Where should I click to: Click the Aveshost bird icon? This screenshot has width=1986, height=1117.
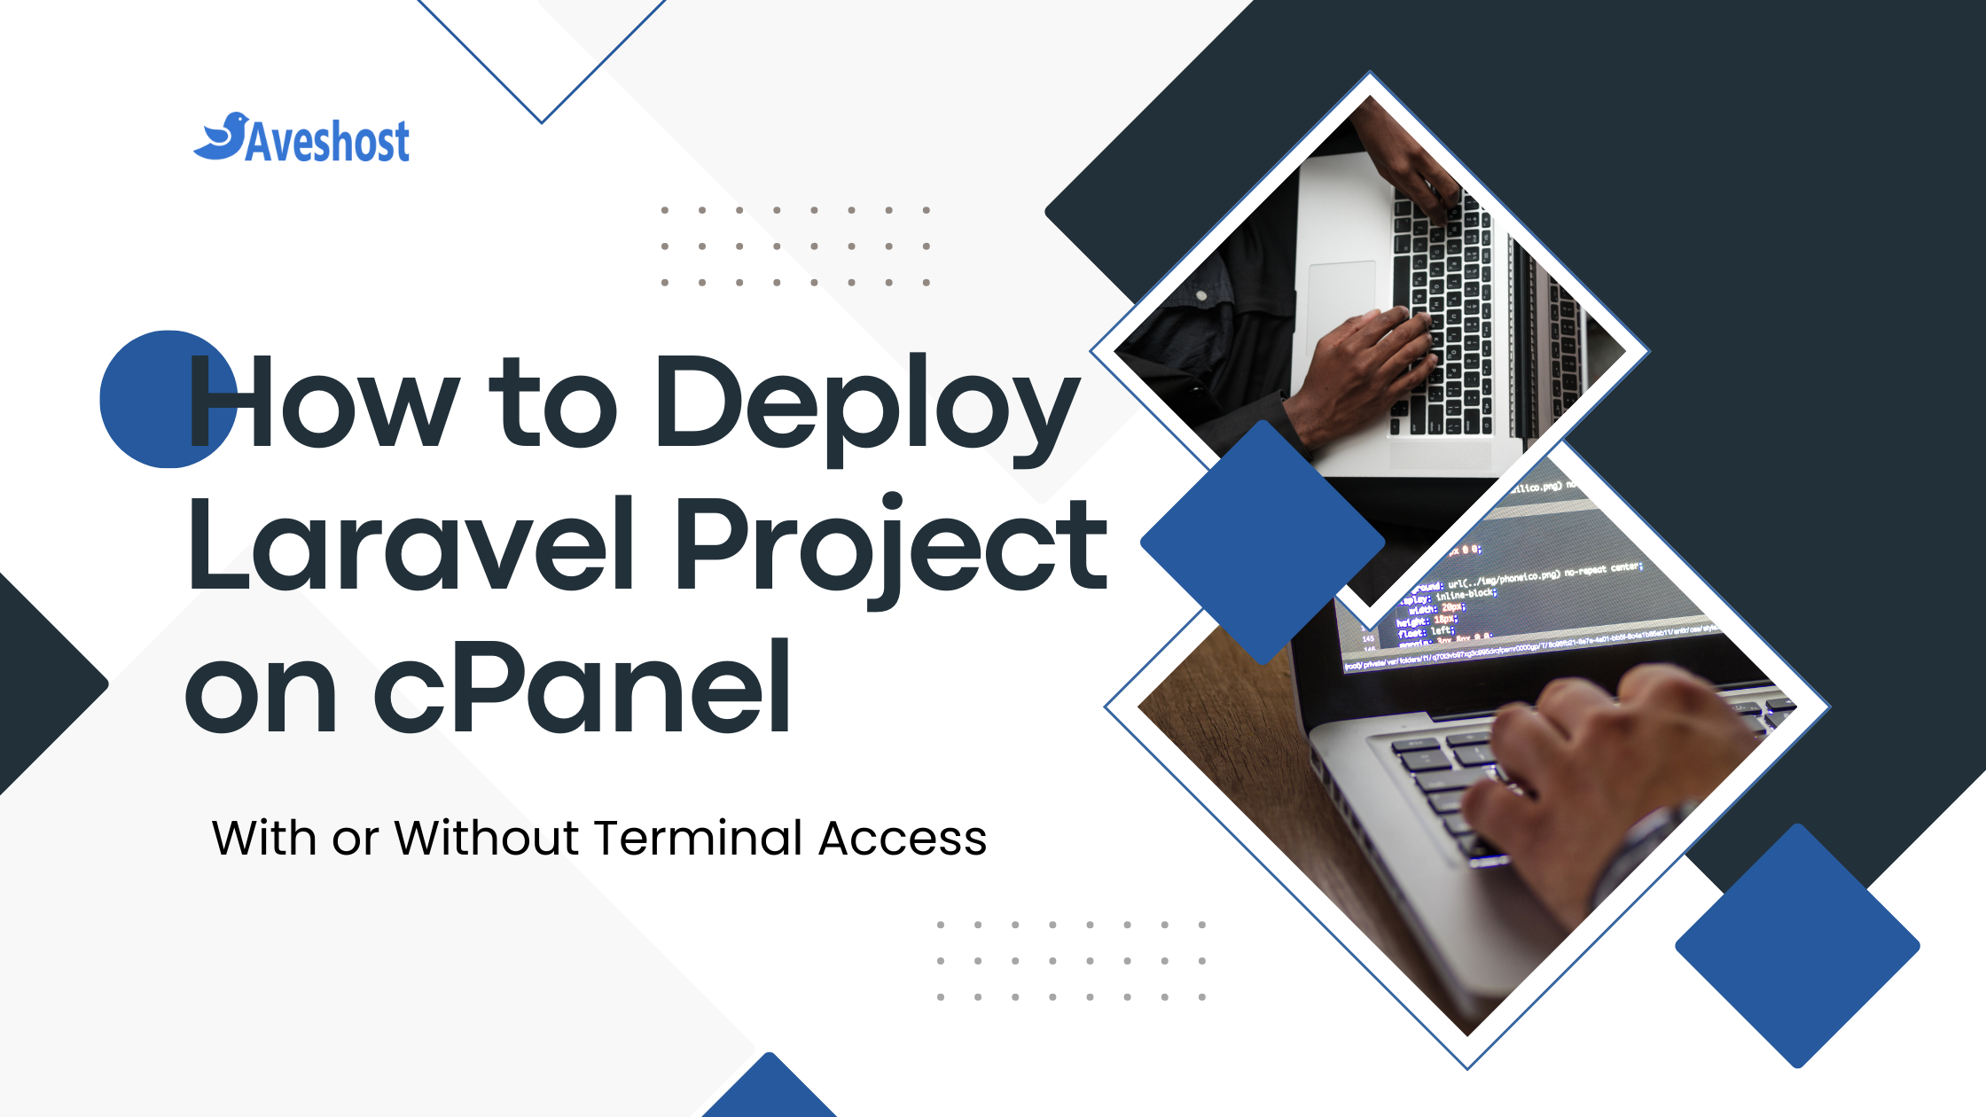(221, 137)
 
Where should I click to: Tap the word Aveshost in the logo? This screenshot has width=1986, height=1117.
(327, 142)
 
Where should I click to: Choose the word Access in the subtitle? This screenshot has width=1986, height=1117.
(902, 838)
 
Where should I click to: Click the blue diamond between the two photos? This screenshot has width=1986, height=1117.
(1262, 542)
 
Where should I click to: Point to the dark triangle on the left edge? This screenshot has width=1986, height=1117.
(40, 683)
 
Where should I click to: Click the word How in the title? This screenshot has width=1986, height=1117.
(324, 403)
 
